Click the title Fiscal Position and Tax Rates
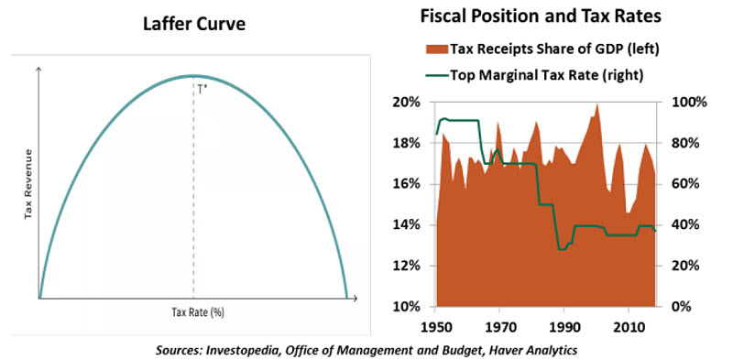[x=542, y=16]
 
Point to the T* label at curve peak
[x=201, y=89]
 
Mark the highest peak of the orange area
[x=597, y=104]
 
